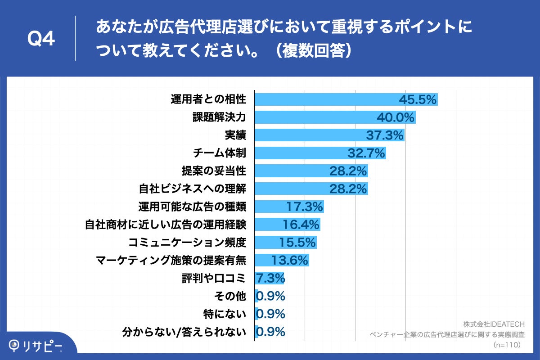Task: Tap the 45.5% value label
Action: pos(418,100)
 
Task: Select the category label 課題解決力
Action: pos(219,117)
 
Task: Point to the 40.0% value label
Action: pos(396,118)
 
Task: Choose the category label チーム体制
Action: pos(219,153)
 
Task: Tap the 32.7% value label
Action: pos(366,153)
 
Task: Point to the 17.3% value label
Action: pos(305,207)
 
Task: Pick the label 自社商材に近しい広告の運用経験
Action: pos(166,225)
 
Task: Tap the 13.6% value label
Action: pos(290,260)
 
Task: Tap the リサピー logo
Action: pos(36,346)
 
